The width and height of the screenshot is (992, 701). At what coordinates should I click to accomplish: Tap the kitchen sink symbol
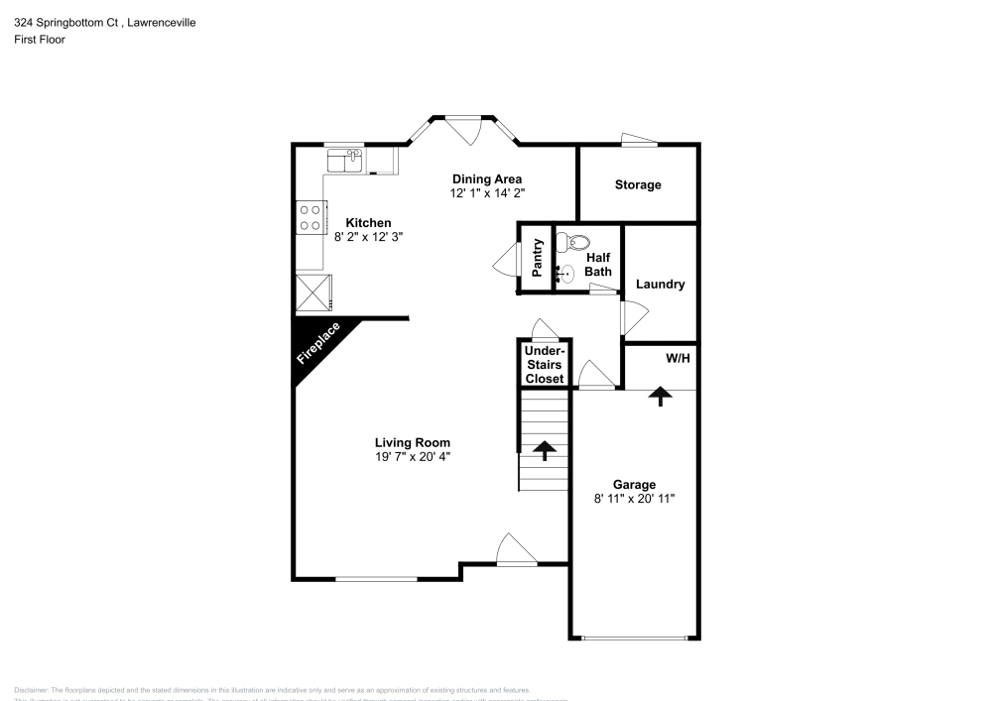pos(345,158)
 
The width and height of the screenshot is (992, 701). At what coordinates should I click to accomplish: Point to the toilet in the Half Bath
pos(573,241)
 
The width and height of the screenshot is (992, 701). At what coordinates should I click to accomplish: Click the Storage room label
pos(638,185)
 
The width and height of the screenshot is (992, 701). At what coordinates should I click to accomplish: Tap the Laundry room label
pos(660,285)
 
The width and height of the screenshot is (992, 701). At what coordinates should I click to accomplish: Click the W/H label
pos(678,357)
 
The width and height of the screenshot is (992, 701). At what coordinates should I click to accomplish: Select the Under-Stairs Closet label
pos(544,365)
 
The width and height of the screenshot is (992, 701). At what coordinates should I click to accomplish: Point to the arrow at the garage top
pos(658,397)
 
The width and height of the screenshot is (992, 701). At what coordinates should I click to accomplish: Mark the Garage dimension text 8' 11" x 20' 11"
pos(634,499)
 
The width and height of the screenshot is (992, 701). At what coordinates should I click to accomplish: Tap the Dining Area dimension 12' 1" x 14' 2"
pos(486,193)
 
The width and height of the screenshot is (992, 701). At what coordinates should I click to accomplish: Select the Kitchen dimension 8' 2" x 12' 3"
pos(368,237)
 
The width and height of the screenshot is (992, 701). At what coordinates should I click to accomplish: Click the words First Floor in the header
pos(39,40)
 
